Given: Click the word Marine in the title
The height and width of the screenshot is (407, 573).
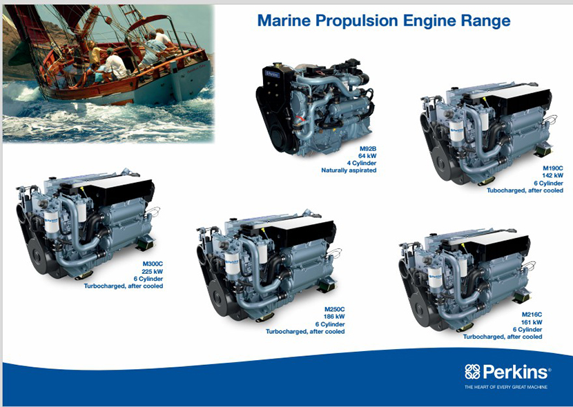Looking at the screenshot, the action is pos(284,21).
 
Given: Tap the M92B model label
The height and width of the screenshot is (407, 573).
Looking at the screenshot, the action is pos(368,148).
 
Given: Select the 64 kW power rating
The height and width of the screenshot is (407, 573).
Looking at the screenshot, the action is pos(367,156).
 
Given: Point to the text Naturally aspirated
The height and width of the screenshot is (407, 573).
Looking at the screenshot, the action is pos(349,170).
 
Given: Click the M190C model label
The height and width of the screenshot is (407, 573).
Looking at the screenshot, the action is pos(552,168).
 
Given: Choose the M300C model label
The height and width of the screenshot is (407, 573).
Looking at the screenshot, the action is pos(153,264).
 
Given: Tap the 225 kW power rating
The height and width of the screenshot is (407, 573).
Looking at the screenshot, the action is pos(153,272).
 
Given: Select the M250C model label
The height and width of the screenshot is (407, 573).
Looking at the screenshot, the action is pos(334,309).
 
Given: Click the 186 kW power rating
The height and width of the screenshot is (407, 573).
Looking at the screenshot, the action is pos(334,317).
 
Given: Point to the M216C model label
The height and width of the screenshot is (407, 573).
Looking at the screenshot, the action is pos(532,315).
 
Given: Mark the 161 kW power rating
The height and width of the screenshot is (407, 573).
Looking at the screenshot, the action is pos(532,322).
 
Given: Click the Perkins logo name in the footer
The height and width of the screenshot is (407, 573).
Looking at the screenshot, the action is pos(516,372).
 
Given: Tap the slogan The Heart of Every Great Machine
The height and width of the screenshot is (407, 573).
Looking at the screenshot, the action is pos(506,387).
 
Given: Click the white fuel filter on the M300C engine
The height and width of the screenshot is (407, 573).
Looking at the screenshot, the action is pos(52,221).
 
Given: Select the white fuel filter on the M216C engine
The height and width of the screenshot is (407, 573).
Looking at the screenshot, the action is pos(435,279).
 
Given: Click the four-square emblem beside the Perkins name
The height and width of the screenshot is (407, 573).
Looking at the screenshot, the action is pos(472,372).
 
